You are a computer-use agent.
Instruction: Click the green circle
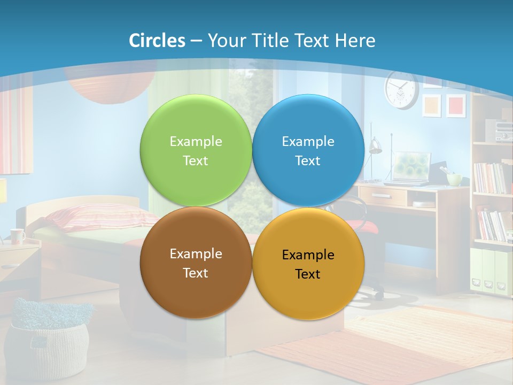[196, 151]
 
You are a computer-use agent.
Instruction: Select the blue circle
[308, 151]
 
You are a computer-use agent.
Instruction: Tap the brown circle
[196, 263]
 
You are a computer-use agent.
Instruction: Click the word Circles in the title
[157, 41]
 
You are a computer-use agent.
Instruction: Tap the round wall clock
[401, 89]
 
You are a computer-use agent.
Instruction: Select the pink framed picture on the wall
[456, 105]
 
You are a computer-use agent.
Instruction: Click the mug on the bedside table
[17, 236]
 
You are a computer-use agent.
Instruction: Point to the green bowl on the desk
[454, 179]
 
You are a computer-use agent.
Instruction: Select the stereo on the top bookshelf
[500, 130]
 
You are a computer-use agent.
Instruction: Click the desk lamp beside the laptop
[375, 147]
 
